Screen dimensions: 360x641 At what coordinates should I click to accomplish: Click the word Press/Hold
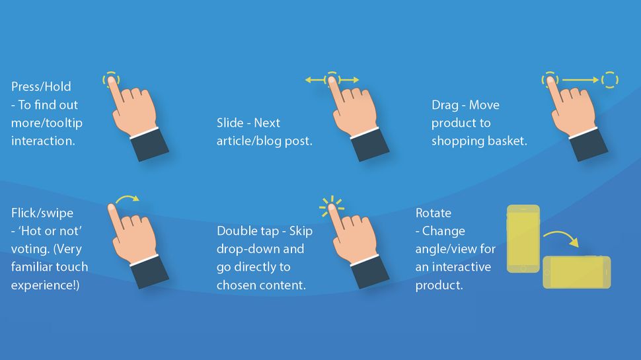(41, 87)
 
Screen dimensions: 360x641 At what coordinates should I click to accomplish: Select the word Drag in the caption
(445, 105)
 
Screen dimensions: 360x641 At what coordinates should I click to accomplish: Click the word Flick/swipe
(42, 213)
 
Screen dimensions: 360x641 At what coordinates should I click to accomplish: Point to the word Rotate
(434, 213)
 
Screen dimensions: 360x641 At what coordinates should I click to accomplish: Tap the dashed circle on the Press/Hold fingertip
(111, 79)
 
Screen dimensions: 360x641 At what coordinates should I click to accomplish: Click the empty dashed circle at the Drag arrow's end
(610, 80)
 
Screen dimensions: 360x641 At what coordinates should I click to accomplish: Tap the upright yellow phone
(523, 238)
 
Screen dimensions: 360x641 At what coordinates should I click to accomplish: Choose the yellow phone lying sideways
(576, 271)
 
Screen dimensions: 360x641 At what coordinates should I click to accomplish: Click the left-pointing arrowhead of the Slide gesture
(309, 80)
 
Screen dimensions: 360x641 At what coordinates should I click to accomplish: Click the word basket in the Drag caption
(508, 141)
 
